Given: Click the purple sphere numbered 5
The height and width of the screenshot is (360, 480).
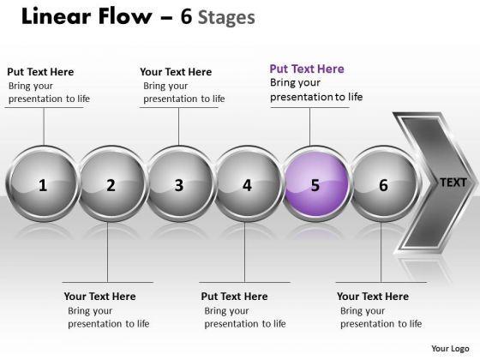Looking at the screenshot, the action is click(315, 183).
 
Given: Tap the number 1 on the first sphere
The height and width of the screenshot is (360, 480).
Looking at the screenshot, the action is click(43, 185).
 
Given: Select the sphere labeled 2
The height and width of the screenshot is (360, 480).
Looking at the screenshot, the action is click(111, 183).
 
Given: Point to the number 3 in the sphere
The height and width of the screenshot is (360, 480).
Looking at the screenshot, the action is click(179, 185).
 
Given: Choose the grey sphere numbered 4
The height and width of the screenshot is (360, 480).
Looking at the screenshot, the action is click(248, 183).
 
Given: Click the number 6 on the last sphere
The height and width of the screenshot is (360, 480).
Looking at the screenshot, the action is click(383, 185).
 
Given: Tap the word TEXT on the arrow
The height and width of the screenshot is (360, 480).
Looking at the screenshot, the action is click(453, 183).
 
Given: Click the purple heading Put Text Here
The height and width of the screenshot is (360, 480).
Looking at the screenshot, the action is click(307, 69).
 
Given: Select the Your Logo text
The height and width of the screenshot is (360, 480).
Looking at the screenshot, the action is click(450, 348).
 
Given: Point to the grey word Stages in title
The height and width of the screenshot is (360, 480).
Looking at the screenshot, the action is click(226, 18).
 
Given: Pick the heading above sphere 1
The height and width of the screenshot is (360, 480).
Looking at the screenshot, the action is click(40, 72).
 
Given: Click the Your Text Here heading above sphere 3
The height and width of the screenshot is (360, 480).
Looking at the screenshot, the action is click(176, 72).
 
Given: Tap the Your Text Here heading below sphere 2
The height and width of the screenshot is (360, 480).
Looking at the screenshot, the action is click(99, 297).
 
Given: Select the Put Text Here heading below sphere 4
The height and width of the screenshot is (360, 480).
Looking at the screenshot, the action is click(235, 297).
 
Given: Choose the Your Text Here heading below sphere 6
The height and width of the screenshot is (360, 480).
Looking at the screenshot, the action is click(373, 297).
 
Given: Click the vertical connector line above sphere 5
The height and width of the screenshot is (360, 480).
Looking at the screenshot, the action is click(309, 127).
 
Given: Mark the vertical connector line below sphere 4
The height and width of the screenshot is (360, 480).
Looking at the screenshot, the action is click(245, 252).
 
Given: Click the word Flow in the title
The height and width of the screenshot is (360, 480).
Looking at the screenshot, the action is click(125, 16).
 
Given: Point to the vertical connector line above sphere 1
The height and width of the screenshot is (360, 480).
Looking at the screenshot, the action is click(44, 127).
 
